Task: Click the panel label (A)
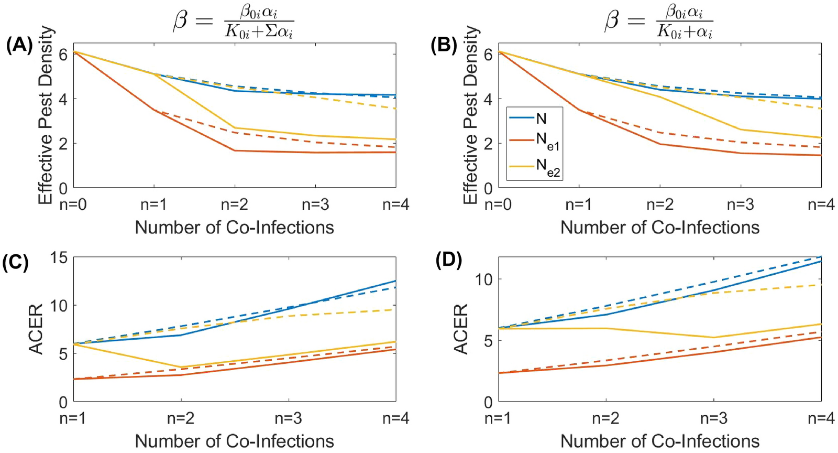click(x=19, y=46)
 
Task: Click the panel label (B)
click(x=444, y=46)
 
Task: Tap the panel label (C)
click(x=16, y=262)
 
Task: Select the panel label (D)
click(x=449, y=261)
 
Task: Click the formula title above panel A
click(x=234, y=22)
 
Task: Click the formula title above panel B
click(x=659, y=22)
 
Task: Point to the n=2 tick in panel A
click(x=234, y=204)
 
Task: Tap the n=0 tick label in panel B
click(x=498, y=204)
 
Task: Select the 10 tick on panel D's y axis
click(x=484, y=279)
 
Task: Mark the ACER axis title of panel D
click(x=461, y=330)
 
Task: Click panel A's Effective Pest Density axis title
click(x=46, y=115)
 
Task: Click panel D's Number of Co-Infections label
click(x=659, y=441)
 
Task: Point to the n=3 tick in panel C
click(x=289, y=418)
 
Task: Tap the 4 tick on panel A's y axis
click(x=63, y=99)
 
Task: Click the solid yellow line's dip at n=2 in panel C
click(x=181, y=367)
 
